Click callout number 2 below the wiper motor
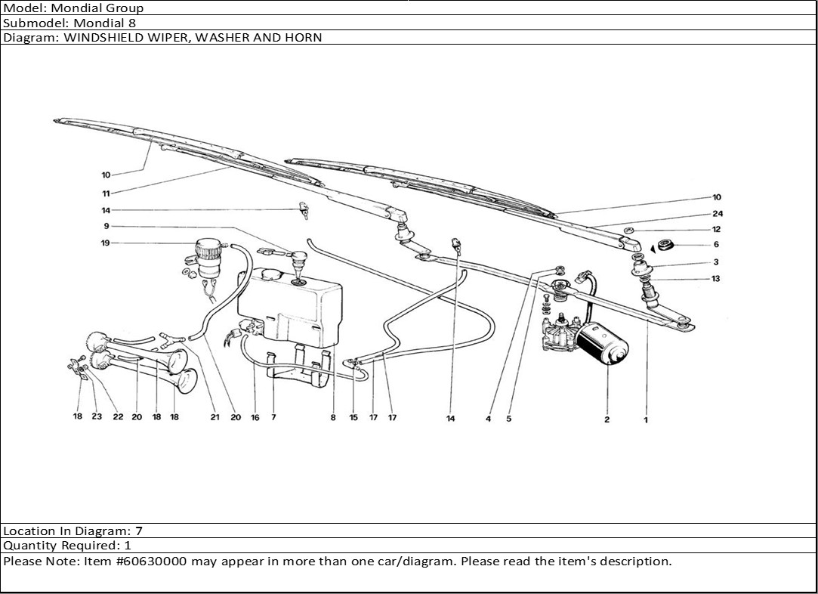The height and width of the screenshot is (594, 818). click(x=607, y=419)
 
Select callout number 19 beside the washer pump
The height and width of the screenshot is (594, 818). click(x=105, y=243)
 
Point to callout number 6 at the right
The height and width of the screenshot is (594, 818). click(x=716, y=244)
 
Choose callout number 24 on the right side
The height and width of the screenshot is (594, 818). click(x=718, y=214)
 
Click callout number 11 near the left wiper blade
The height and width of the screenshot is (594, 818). click(x=106, y=193)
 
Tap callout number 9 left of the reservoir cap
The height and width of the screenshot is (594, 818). click(x=106, y=226)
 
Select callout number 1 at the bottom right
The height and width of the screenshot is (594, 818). click(x=646, y=420)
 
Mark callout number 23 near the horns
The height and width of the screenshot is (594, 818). click(x=97, y=416)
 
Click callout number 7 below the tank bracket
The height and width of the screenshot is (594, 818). click(x=273, y=417)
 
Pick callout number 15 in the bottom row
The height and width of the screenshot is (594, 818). click(x=353, y=418)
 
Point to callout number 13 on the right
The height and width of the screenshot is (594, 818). click(x=715, y=278)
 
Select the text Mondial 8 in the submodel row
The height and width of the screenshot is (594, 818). click(x=105, y=23)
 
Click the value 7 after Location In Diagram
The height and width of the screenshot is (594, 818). click(x=138, y=531)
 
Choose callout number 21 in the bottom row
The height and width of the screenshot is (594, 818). click(x=215, y=417)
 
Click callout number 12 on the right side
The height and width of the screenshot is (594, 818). click(x=716, y=229)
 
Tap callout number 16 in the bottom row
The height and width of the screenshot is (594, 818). click(x=255, y=417)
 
